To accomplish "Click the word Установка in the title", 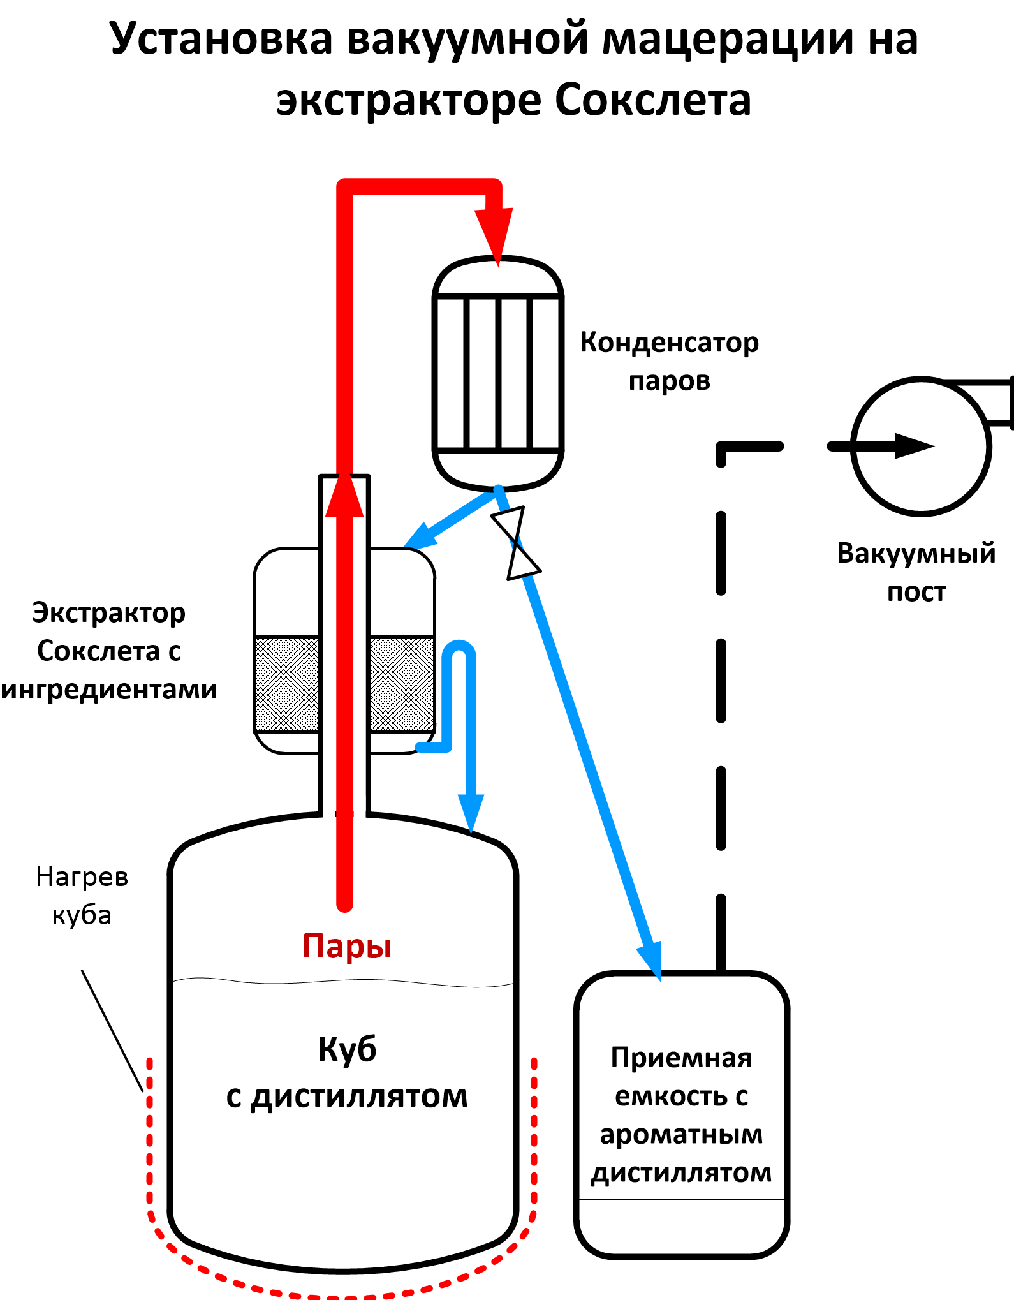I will coord(221,40).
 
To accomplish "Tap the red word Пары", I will coord(347,945).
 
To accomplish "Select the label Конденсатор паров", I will coord(669,361).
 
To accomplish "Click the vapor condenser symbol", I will coord(498,373).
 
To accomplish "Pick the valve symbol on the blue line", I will coord(516,543).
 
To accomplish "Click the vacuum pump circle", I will coord(921,446).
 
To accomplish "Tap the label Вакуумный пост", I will coord(916,572).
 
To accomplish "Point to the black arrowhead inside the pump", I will coord(913,446).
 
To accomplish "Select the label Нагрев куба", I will coord(82,896).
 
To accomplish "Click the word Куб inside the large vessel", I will coord(347,1049).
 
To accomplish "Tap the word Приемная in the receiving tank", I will coord(681,1058).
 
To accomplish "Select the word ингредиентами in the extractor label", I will coord(109,690).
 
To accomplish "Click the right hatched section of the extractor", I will coord(402,684).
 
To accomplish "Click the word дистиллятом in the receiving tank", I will coord(681,1172).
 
